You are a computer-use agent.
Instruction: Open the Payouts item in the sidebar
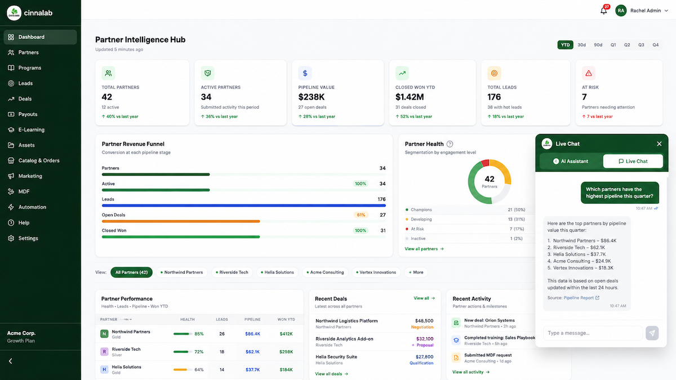point(28,114)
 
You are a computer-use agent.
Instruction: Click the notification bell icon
point(603,11)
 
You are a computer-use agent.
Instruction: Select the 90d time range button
point(598,45)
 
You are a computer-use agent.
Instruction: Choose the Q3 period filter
point(641,45)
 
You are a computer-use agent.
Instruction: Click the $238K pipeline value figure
point(311,97)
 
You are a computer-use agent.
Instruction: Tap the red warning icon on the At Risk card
point(589,73)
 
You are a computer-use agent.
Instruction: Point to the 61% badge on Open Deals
point(361,215)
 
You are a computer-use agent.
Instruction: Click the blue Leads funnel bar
point(244,205)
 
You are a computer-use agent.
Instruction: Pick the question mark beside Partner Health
point(450,144)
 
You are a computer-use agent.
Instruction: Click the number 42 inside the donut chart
point(489,179)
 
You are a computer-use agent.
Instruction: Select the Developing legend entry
point(421,219)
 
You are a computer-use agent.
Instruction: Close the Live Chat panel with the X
point(659,144)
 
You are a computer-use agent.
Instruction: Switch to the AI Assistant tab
point(571,162)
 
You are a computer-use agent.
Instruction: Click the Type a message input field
point(593,333)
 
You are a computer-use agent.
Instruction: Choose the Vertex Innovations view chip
point(376,272)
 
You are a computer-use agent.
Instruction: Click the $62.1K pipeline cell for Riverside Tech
point(252,352)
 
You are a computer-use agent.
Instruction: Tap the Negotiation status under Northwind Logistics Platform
point(422,327)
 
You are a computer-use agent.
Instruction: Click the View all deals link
point(331,374)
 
